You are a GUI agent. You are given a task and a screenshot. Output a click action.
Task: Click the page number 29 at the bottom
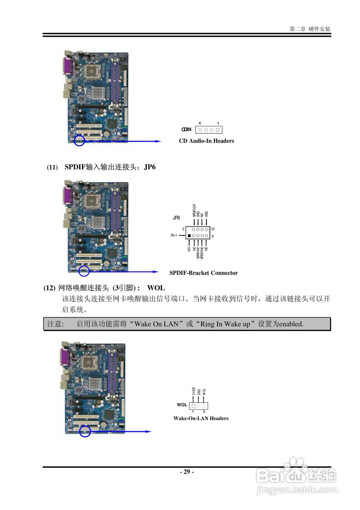186,472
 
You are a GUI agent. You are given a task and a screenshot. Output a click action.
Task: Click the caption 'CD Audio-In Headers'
206,141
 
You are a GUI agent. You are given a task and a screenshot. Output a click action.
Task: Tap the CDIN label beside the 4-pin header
186,129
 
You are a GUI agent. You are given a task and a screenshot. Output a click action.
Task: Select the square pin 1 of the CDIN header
218,130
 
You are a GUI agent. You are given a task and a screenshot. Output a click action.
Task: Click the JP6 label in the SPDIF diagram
176,218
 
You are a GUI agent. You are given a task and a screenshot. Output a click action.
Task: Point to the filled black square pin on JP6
189,236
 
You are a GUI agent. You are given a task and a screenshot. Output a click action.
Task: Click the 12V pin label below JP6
189,249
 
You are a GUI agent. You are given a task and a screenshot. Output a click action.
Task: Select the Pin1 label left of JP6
174,236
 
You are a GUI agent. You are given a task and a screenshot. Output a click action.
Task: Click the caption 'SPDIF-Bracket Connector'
203,273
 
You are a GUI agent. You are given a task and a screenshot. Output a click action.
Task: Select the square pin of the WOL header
194,405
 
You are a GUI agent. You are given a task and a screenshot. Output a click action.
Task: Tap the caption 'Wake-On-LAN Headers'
201,418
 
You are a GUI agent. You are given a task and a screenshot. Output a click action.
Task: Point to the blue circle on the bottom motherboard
85,431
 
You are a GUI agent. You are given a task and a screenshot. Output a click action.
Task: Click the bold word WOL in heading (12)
156,288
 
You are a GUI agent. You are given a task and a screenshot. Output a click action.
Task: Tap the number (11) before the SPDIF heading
52,167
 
